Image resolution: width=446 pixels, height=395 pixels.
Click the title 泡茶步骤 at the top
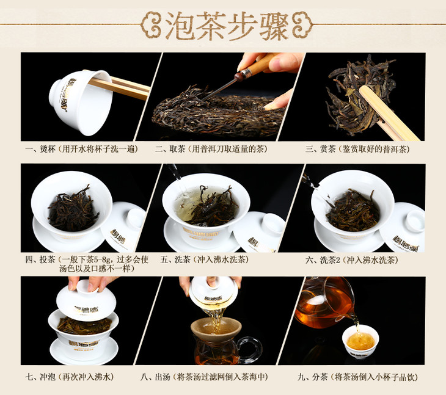[227, 26]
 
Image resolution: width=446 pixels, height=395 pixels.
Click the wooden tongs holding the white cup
[120, 86]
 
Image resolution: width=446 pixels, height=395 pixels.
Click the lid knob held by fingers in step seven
[87, 286]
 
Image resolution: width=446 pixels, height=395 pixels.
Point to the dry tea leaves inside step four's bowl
[73, 209]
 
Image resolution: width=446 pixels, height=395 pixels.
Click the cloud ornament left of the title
[152, 25]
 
